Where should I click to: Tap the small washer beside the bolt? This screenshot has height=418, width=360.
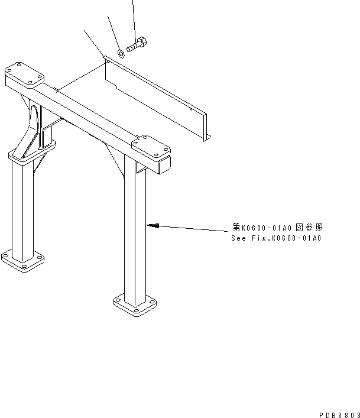tap(121, 53)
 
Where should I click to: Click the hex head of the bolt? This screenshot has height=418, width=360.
tap(143, 43)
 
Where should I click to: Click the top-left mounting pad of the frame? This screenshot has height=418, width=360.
tap(24, 76)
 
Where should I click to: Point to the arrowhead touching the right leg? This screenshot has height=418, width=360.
tap(152, 225)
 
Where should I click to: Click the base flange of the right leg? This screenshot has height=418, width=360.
tap(136, 305)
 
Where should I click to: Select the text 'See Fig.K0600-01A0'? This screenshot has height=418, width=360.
tap(276, 238)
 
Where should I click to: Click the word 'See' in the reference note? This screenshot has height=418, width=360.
tap(238, 238)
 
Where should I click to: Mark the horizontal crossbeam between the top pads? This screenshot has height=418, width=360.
tap(89, 112)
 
